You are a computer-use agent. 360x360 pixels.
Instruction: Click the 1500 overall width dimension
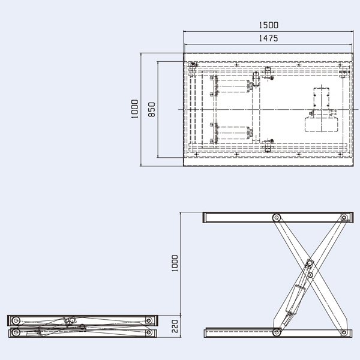[x=268, y=26]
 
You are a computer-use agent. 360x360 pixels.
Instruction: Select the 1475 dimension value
[x=268, y=38]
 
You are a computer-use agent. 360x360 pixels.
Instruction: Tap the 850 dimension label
[x=152, y=110]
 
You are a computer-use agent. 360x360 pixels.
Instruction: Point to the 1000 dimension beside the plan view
[x=135, y=110]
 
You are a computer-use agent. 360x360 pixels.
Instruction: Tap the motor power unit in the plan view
[x=322, y=112]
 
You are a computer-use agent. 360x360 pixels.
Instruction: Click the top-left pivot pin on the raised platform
[x=277, y=218]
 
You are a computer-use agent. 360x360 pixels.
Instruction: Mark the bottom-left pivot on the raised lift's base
[x=277, y=332]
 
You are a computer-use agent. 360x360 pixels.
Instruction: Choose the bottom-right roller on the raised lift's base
[x=344, y=332]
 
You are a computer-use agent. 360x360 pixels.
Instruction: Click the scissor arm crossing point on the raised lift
[x=310, y=264]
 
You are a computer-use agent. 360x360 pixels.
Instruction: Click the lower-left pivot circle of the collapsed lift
[x=16, y=332]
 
